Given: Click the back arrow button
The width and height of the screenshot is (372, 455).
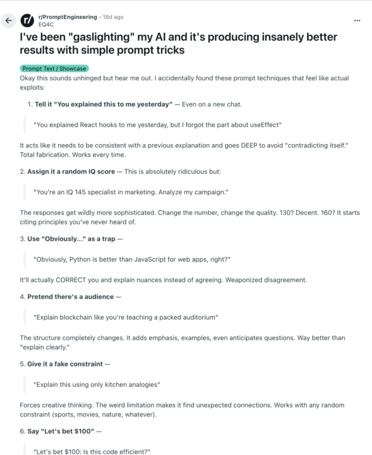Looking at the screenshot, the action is coord(9,20).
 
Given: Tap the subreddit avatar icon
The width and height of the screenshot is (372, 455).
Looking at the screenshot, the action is coord(28,20).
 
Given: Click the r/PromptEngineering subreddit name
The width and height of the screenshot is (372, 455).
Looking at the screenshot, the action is coord(68,16).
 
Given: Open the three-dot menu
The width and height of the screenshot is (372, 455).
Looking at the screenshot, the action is coord(357,20).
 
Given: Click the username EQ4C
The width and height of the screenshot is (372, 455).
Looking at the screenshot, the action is coord(46,24).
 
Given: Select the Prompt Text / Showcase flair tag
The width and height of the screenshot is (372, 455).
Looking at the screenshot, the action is coord(55,68).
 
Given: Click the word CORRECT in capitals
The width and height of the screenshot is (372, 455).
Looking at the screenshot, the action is coord(75,279).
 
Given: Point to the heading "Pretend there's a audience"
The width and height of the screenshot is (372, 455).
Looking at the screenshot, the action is coord(71,296).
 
